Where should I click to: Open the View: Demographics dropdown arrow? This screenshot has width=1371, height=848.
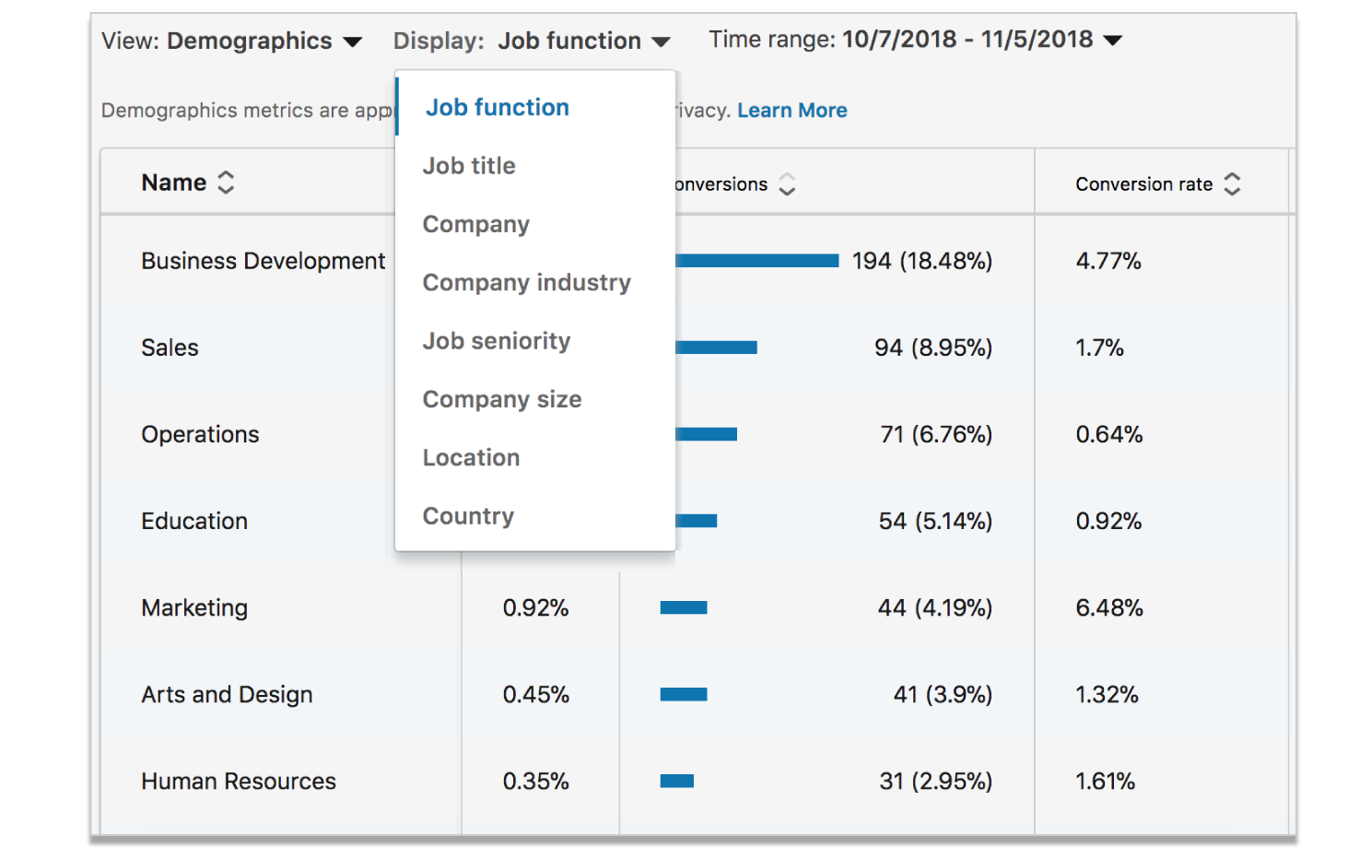click(x=352, y=42)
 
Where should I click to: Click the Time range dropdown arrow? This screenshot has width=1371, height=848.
click(x=1112, y=41)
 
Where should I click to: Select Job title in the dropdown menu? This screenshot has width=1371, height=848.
click(x=469, y=166)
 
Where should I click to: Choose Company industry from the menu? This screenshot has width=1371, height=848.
click(x=526, y=283)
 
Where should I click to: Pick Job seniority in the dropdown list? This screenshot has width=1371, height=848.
click(x=496, y=341)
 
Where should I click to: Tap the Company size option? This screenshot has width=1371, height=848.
click(x=501, y=400)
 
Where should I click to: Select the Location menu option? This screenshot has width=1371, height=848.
click(x=471, y=458)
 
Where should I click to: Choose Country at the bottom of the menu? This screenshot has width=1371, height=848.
click(x=468, y=516)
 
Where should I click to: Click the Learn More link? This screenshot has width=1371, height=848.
click(x=791, y=111)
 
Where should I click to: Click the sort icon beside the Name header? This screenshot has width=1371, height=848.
click(x=226, y=183)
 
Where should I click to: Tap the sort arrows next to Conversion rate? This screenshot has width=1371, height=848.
click(x=1232, y=184)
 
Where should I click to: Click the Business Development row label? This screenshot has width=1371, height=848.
click(x=263, y=261)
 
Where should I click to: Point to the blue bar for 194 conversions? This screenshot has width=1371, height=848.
click(x=756, y=261)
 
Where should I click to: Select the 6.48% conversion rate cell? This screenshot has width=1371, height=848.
click(x=1108, y=608)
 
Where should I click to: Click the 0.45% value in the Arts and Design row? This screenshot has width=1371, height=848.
click(x=535, y=695)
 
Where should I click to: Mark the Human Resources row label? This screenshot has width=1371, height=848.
click(x=238, y=782)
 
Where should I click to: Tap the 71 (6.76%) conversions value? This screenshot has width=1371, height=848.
click(x=935, y=434)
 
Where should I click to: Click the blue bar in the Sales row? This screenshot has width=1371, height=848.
click(x=716, y=347)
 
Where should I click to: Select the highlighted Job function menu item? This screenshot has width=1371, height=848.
click(x=497, y=108)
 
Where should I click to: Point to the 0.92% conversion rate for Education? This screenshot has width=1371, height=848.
click(x=1108, y=522)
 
